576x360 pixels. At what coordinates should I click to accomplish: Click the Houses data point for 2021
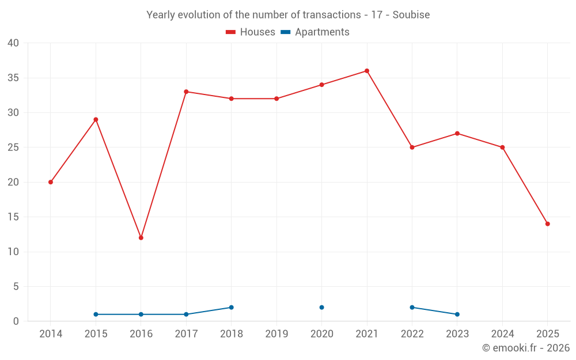tap(367, 71)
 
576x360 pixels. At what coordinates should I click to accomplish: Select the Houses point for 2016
tap(141, 238)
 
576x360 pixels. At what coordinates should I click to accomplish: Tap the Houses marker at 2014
tap(51, 182)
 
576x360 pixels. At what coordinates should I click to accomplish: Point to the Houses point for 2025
tap(548, 224)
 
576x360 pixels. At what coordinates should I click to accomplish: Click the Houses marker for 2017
tap(186, 92)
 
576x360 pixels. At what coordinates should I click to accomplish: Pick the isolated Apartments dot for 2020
tap(322, 308)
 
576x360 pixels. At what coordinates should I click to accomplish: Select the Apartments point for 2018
tap(232, 308)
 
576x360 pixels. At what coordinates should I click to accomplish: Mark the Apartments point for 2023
tap(457, 314)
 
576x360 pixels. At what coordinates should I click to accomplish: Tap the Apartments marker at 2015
tap(96, 314)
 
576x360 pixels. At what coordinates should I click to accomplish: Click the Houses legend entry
tap(251, 32)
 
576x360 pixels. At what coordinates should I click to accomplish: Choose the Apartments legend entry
tap(315, 32)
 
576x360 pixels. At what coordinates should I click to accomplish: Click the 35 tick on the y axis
tap(13, 78)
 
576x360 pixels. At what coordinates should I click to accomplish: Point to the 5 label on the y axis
tap(16, 287)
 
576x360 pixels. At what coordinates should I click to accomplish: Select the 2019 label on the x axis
tap(276, 334)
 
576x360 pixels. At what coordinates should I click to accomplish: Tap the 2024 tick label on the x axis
tap(502, 334)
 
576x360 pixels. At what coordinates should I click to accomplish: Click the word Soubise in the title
tap(411, 15)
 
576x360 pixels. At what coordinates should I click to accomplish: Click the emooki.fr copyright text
tap(526, 348)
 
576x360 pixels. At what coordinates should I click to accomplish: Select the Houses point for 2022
tap(412, 147)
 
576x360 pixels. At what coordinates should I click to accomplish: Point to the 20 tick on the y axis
tap(13, 182)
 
